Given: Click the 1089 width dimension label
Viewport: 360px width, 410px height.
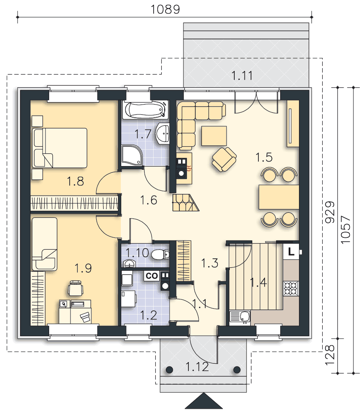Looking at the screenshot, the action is pos(165,9).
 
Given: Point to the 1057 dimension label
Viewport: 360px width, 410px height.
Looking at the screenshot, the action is pos(345,230).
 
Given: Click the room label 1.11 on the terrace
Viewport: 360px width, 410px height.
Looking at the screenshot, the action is pos(242,75).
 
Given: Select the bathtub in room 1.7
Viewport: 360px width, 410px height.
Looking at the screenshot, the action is pos(145,110).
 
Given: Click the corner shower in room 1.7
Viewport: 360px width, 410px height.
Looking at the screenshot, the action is pos(132,155).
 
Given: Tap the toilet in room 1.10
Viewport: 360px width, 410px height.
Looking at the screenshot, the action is pos(160,255).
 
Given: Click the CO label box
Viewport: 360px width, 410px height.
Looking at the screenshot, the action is pos(152,276).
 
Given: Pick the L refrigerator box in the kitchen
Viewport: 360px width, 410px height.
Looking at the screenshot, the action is pos(291,251).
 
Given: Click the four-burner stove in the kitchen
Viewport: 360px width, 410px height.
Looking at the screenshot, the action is pos(291,288).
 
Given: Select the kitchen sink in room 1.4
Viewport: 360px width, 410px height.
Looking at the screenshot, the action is pos(240,317).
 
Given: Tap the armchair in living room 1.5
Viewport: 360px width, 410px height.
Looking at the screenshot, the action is pos(224,159).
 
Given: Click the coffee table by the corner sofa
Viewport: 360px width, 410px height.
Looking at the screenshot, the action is pos(214,136).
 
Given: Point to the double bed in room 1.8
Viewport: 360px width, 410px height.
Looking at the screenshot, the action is pos(59,148).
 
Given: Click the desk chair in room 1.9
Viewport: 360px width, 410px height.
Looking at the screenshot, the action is pos(75,288).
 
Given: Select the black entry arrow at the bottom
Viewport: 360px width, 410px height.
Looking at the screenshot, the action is pos(204,401).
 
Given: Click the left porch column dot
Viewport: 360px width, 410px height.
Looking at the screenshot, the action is pos(169,369).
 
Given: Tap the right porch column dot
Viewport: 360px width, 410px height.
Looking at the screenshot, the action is pos(237,369).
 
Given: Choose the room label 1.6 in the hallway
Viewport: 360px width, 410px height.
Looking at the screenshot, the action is pos(149,200).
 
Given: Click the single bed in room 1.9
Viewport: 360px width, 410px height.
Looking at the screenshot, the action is pos(44,244).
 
